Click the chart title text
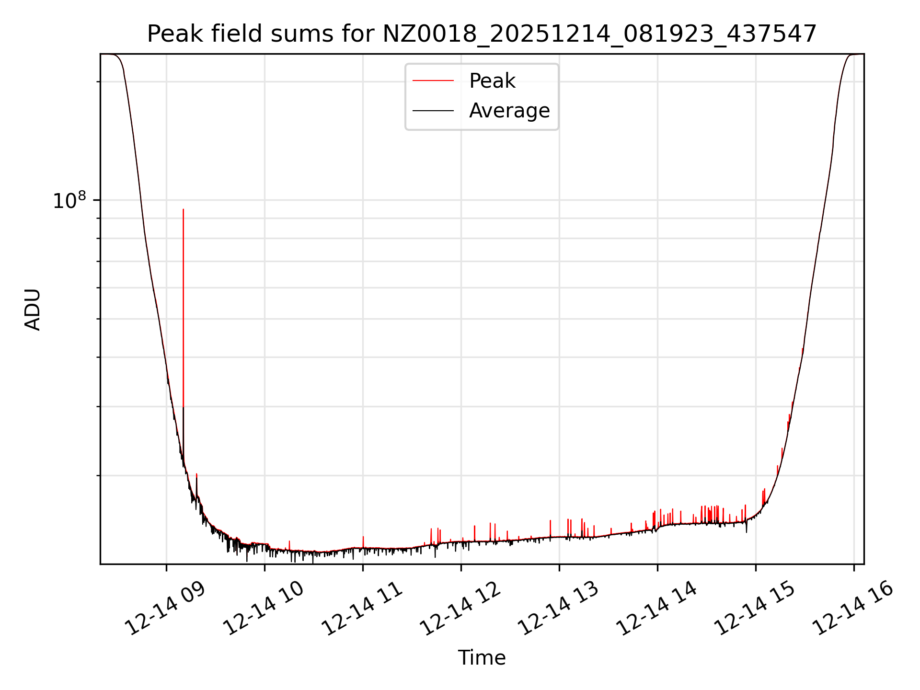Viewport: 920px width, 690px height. [x=482, y=34]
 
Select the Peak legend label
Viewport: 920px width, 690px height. [x=492, y=81]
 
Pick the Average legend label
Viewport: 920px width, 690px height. [x=509, y=111]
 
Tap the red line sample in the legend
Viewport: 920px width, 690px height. [x=433, y=81]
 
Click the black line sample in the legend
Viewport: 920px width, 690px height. [x=433, y=111]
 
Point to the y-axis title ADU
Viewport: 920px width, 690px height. [x=33, y=310]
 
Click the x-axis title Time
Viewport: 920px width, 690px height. [x=482, y=658]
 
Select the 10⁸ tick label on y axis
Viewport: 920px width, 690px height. [x=69, y=201]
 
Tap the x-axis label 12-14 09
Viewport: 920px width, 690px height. [x=165, y=609]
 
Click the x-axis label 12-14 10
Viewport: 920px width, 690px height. [x=264, y=609]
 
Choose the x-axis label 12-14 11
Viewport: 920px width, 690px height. [x=362, y=609]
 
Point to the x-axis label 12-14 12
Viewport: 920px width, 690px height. [x=460, y=609]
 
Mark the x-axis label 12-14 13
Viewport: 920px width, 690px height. [x=558, y=609]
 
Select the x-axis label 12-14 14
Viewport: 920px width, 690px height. [x=656, y=609]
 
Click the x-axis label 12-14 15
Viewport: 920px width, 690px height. [x=755, y=609]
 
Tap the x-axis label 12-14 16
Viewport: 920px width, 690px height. [x=853, y=609]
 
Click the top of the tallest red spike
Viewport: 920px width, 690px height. [x=183, y=210]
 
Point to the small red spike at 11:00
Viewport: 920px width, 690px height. [x=363, y=538]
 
